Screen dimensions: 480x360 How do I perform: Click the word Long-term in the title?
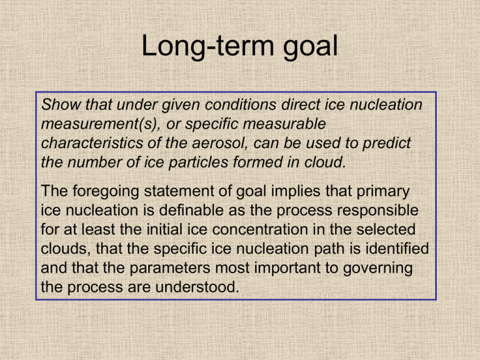coord(208,46)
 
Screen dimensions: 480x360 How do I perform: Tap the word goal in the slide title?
coord(311,47)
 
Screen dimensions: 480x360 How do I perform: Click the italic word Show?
coord(61,104)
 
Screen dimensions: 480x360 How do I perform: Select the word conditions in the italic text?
coord(241,104)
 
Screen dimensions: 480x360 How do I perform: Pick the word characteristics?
coord(92,143)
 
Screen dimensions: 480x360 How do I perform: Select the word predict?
coord(387,144)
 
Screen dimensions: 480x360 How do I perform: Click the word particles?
coord(198,162)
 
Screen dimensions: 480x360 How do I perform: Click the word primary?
coord(383,192)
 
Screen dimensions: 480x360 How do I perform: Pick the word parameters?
coord(170,268)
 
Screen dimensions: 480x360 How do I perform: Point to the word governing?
coord(377,268)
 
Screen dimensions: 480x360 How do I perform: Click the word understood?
coord(197,287)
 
